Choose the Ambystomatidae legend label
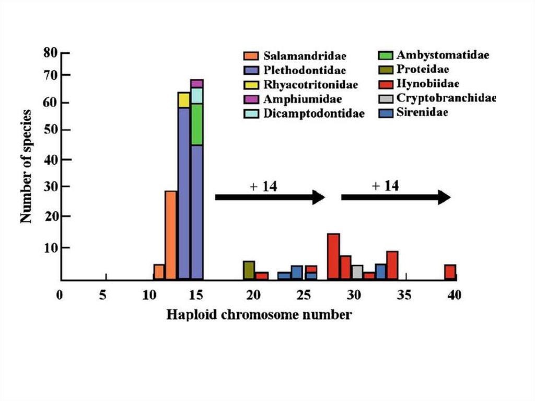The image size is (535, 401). click(443, 55)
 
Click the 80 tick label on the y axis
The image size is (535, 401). click(50, 53)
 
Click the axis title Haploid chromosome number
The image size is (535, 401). click(259, 315)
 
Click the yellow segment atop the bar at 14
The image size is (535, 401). click(184, 100)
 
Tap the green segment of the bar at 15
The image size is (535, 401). click(197, 124)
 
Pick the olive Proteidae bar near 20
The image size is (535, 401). click(249, 270)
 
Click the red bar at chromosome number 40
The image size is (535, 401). click(450, 272)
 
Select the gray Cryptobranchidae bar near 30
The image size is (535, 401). click(357, 272)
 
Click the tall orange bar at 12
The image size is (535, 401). click(171, 235)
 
